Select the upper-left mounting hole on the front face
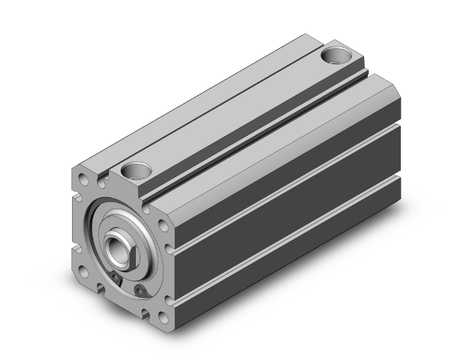pos(83,184)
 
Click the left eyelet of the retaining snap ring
pos(116,279)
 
